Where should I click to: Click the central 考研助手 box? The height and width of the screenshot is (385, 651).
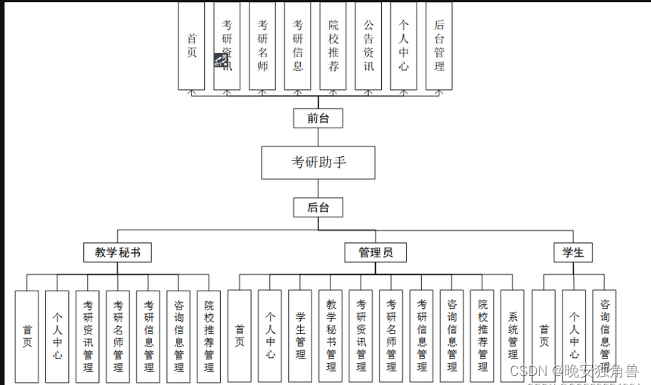tap(318, 162)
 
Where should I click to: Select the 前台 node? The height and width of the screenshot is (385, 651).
tap(318, 118)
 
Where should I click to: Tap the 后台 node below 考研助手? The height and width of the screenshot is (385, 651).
tap(318, 208)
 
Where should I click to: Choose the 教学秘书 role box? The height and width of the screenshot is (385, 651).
tap(117, 252)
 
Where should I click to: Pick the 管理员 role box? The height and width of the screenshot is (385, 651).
tap(375, 252)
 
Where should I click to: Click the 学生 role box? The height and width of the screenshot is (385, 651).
tap(572, 252)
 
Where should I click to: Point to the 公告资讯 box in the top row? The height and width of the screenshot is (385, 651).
tap(368, 45)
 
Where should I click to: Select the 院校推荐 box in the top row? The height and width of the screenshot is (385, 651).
tap(333, 45)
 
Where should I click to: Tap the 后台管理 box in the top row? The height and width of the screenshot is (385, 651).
tap(439, 45)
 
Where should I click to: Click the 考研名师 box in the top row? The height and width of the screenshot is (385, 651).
tap(262, 45)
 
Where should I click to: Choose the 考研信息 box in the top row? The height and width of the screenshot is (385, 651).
tap(298, 45)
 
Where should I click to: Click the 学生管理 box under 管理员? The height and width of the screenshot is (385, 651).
tap(300, 336)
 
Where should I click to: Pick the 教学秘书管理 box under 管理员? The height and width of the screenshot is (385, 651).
tap(330, 336)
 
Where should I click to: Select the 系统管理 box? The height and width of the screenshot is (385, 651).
tap(513, 336)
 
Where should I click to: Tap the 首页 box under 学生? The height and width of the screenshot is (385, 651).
tap(544, 336)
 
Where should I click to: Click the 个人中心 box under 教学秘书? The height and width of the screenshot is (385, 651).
tap(57, 336)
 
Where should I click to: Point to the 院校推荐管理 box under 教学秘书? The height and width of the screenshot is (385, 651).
tap(209, 336)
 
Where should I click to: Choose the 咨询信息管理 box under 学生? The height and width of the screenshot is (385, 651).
tap(604, 336)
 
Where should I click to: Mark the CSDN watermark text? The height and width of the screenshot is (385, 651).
tap(572, 371)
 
